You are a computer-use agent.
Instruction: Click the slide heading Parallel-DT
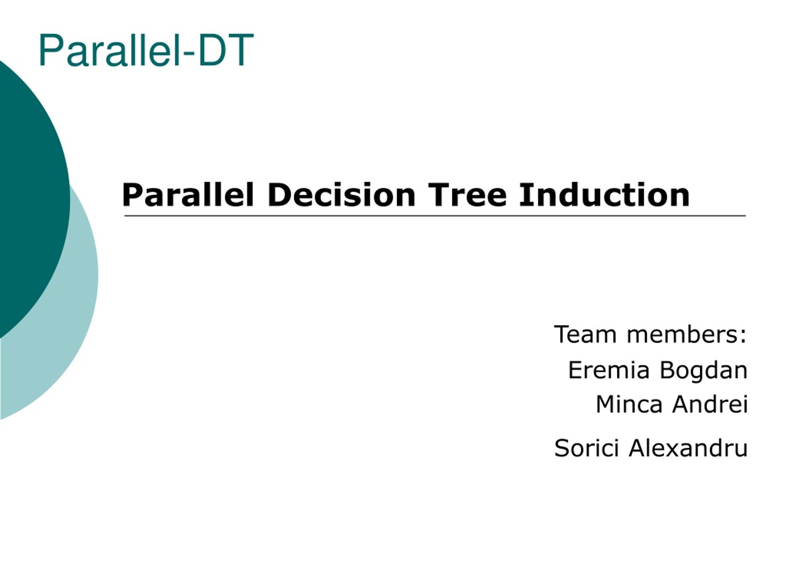pos(146,50)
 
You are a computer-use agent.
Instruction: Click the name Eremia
pos(609,370)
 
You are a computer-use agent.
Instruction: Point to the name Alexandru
pos(688,448)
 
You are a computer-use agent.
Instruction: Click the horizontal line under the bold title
pos(435,215)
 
